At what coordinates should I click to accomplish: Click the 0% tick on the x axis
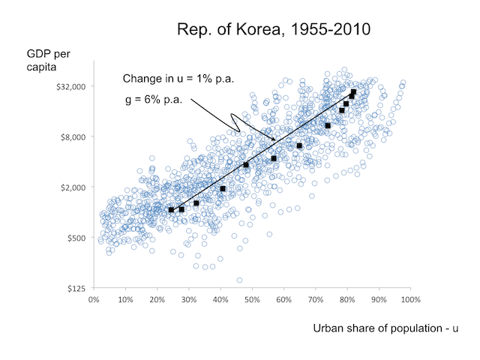(94, 301)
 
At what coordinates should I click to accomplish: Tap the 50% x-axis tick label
(252, 301)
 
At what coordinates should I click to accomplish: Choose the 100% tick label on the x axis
(410, 301)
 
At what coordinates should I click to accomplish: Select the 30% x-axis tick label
(189, 301)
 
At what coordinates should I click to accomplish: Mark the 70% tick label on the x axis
(316, 301)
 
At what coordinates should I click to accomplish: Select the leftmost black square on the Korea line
(171, 210)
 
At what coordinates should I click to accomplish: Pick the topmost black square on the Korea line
(354, 91)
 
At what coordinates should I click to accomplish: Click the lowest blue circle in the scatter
(239, 280)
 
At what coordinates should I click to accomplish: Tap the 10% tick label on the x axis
(125, 301)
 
